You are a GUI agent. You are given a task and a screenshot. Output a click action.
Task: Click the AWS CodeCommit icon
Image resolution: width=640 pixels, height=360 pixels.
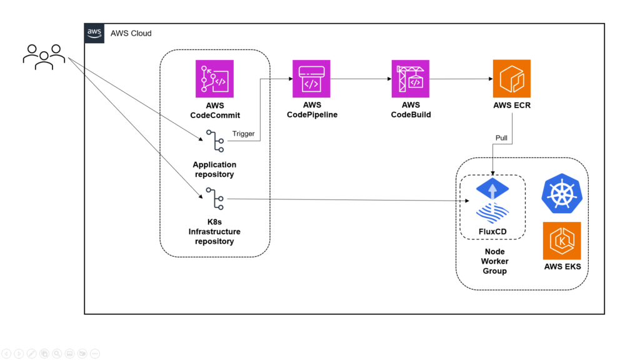pos(215,79)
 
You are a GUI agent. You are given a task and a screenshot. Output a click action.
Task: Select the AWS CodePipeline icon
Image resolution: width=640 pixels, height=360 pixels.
pos(311,79)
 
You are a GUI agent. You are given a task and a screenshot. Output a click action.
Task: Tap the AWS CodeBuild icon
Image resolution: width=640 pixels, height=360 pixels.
pos(410,79)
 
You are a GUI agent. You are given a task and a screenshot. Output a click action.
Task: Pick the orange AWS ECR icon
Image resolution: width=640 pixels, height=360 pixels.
pos(512,79)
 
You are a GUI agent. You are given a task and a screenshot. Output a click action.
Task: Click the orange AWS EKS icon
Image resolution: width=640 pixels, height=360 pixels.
pos(562,241)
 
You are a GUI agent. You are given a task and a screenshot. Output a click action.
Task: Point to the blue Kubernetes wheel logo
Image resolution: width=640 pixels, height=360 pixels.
pos(562,194)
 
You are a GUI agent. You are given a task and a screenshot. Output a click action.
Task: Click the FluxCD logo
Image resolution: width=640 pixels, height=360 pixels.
pos(492,201)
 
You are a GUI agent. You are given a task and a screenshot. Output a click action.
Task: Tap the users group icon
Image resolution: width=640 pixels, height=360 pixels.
pos(44,57)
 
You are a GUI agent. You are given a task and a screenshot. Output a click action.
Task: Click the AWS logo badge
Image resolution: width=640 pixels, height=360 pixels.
pos(94,33)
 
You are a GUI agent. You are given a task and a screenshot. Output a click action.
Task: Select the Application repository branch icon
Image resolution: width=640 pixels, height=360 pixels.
pos(215,141)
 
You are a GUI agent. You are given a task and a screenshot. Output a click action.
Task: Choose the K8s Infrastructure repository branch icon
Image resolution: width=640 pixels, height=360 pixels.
pos(215,199)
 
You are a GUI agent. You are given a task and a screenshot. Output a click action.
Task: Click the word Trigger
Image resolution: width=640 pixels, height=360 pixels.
pos(243,134)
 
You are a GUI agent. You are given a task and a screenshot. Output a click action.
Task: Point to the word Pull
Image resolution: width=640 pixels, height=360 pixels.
pos(501,138)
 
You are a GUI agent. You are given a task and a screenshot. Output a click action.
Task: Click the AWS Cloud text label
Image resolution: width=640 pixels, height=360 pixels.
pos(131,34)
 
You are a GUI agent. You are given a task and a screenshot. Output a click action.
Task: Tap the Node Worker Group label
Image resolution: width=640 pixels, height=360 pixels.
pos(495,261)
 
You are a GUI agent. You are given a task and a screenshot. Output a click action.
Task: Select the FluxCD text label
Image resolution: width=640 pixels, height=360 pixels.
pos(492,231)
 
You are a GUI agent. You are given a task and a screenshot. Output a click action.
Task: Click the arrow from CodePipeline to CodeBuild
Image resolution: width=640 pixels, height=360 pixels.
pos(361,79)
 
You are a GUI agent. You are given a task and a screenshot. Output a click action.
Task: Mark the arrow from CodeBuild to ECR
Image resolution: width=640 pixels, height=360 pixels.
pos(461,79)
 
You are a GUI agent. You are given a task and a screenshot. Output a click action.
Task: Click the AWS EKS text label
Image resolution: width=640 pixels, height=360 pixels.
pos(562,266)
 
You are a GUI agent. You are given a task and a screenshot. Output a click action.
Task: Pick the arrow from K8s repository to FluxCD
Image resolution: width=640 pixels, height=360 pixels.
pos(348,199)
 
